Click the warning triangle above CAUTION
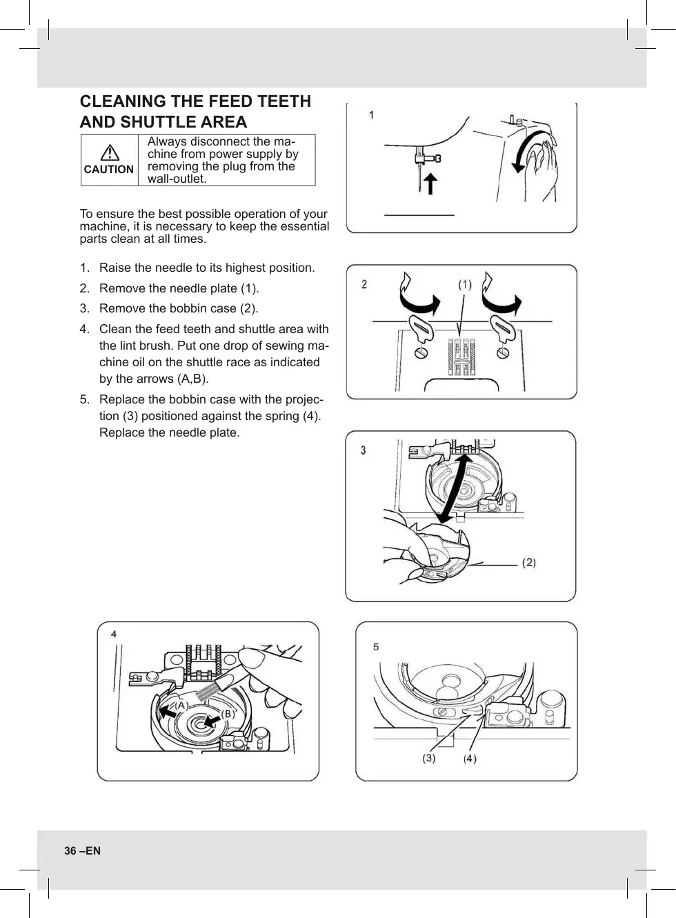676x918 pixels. tap(109, 152)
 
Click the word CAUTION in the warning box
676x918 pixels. tap(108, 169)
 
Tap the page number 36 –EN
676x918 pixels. tap(82, 850)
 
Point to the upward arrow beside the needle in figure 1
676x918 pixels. tap(430, 184)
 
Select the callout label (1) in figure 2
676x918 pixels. tap(465, 284)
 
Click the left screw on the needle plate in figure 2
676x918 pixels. tap(419, 352)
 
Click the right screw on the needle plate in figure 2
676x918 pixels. tap(503, 352)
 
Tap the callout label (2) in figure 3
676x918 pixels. tap(528, 563)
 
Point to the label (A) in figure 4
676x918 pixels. tap(180, 706)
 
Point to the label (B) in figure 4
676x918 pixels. tap(227, 714)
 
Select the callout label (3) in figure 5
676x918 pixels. tap(429, 758)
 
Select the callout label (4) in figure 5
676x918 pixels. tap(470, 759)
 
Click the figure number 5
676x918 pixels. tap(376, 646)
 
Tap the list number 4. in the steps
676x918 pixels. tap(84, 329)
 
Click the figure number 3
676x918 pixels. tap(363, 450)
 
